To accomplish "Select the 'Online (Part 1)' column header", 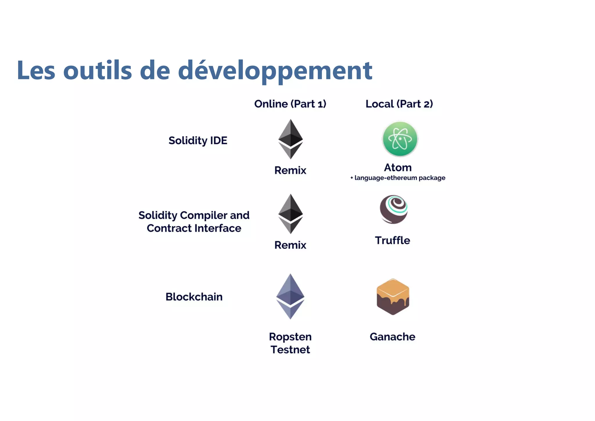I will point(290,104).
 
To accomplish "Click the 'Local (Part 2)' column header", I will point(399,104).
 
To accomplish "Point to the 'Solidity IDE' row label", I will point(198,140).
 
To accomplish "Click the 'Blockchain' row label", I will point(194,297).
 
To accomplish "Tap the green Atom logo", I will point(400,139).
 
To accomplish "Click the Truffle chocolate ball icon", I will point(394,209).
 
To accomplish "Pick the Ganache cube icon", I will point(393,297).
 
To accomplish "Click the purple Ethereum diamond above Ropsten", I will point(290,296).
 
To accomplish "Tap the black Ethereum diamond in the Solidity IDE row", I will point(291,139).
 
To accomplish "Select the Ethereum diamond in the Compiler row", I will point(291,214).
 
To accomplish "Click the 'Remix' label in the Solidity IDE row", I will point(290,170).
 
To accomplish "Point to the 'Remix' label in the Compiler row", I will point(290,245).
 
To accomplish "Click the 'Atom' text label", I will point(398,168).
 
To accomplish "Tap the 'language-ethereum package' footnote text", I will point(400,178).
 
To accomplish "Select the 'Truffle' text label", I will point(393,240).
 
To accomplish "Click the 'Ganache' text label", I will point(393,337).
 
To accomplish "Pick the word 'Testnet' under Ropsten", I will point(290,350).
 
